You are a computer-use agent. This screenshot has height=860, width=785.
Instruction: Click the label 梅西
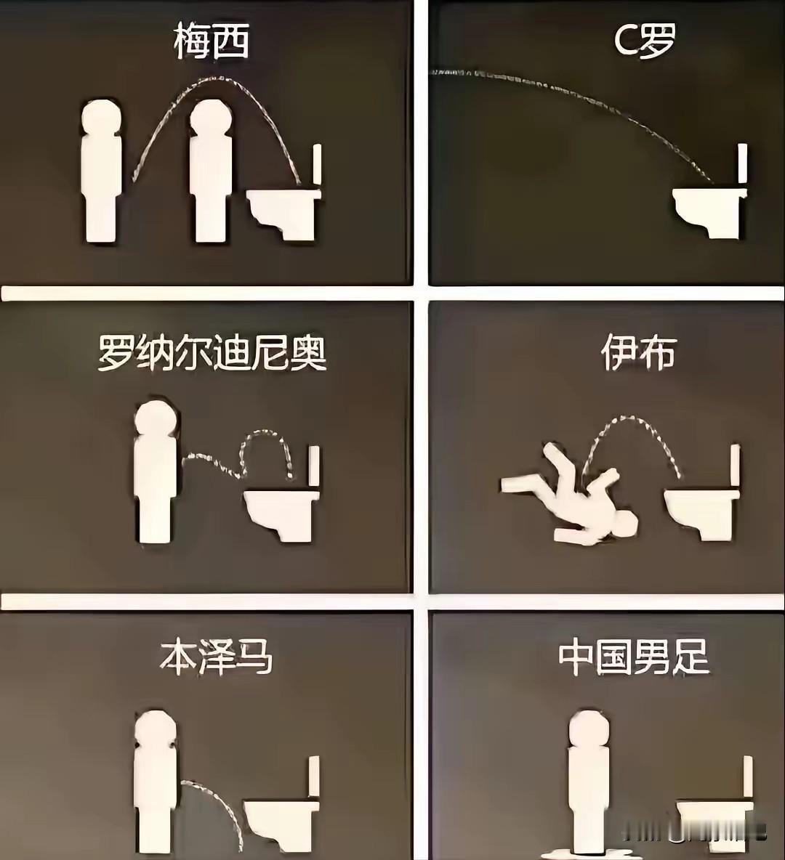[x=212, y=41]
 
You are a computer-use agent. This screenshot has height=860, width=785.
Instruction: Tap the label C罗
[x=644, y=41]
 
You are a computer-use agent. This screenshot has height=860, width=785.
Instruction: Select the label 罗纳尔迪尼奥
[x=212, y=354]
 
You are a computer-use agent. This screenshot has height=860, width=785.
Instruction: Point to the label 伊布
[x=638, y=354]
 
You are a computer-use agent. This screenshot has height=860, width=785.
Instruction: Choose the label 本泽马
[x=216, y=657]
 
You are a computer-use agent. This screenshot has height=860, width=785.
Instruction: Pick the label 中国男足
[x=634, y=657]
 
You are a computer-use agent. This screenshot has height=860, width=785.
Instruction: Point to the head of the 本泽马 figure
[x=156, y=729]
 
